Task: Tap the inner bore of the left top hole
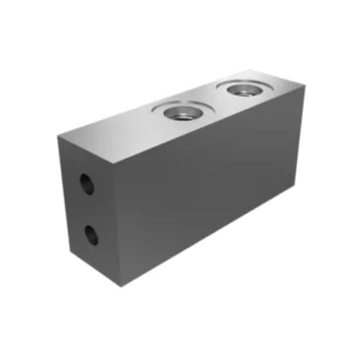coord(179,113)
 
